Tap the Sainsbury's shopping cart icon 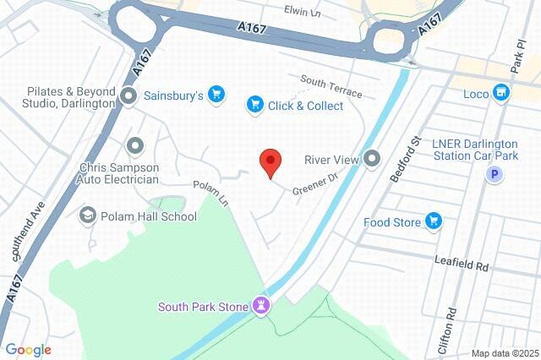[x=216, y=95]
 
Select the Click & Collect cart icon [x=254, y=105]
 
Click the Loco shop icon [x=502, y=91]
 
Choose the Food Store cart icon [x=434, y=221]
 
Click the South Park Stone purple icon [x=262, y=305]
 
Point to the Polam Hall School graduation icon [x=87, y=215]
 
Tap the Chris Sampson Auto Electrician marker [x=134, y=146]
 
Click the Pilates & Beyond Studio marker [x=129, y=95]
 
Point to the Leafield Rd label [x=463, y=265]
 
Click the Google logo [x=28, y=349]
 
